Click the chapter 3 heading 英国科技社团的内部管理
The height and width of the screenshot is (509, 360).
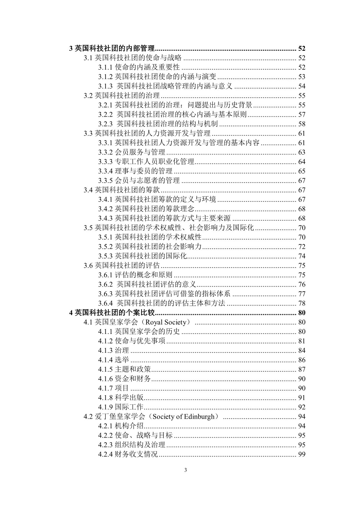coord(115,48)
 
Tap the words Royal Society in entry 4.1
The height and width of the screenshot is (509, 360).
coord(165,322)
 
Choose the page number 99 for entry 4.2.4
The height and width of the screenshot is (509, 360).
coord(302,454)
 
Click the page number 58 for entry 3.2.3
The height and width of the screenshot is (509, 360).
coord(302,124)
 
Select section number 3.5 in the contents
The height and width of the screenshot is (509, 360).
coord(88,228)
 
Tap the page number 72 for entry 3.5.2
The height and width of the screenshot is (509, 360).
coord(302,247)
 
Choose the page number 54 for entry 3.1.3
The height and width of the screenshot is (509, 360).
coord(302,86)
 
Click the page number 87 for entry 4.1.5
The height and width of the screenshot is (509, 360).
coord(302,369)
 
